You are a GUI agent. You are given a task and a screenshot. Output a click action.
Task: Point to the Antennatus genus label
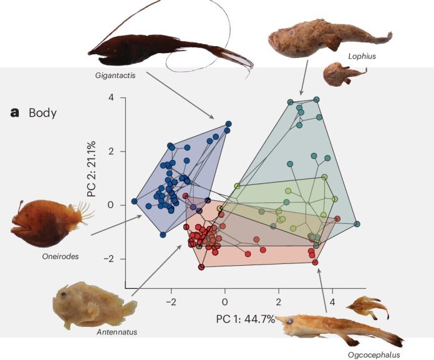(117, 332)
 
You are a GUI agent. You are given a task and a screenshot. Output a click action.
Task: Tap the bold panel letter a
(15, 113)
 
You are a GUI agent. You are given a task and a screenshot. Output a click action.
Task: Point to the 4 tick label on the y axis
(111, 98)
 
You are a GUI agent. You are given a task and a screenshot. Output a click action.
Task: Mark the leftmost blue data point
(135, 202)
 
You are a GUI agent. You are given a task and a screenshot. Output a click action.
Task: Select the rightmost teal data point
(357, 223)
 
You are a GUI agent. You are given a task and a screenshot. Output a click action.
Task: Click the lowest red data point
(201, 267)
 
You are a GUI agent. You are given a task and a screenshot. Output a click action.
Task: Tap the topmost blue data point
(228, 124)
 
